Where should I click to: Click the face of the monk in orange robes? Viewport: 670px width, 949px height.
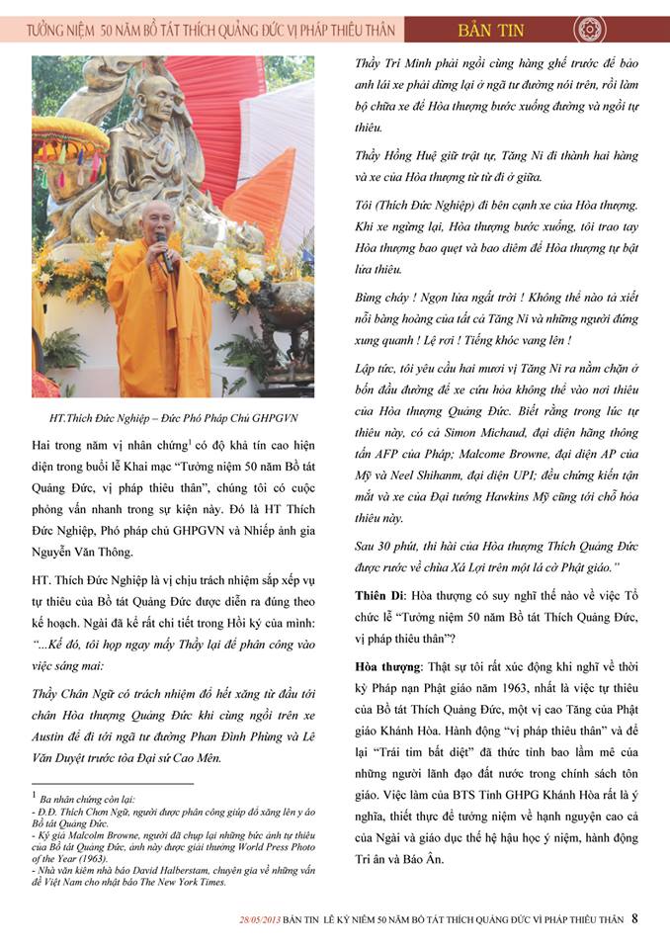tap(155, 219)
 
